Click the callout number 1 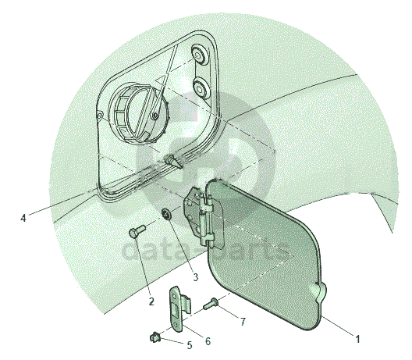pyautogui.click(x=357, y=339)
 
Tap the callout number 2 pyautogui.click(x=151, y=301)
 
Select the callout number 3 pyautogui.click(x=196, y=277)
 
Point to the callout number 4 pyautogui.click(x=23, y=218)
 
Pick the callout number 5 pyautogui.click(x=190, y=345)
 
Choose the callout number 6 pyautogui.click(x=208, y=341)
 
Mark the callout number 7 pyautogui.click(x=243, y=321)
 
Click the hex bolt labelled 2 pyautogui.click(x=137, y=231)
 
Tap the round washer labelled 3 pyautogui.click(x=166, y=214)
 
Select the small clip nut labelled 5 pyautogui.click(x=154, y=337)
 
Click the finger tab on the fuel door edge pyautogui.click(x=319, y=293)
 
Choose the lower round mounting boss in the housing pyautogui.click(x=201, y=87)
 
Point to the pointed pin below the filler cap pyautogui.click(x=173, y=162)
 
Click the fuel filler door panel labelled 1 pyautogui.click(x=265, y=252)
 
